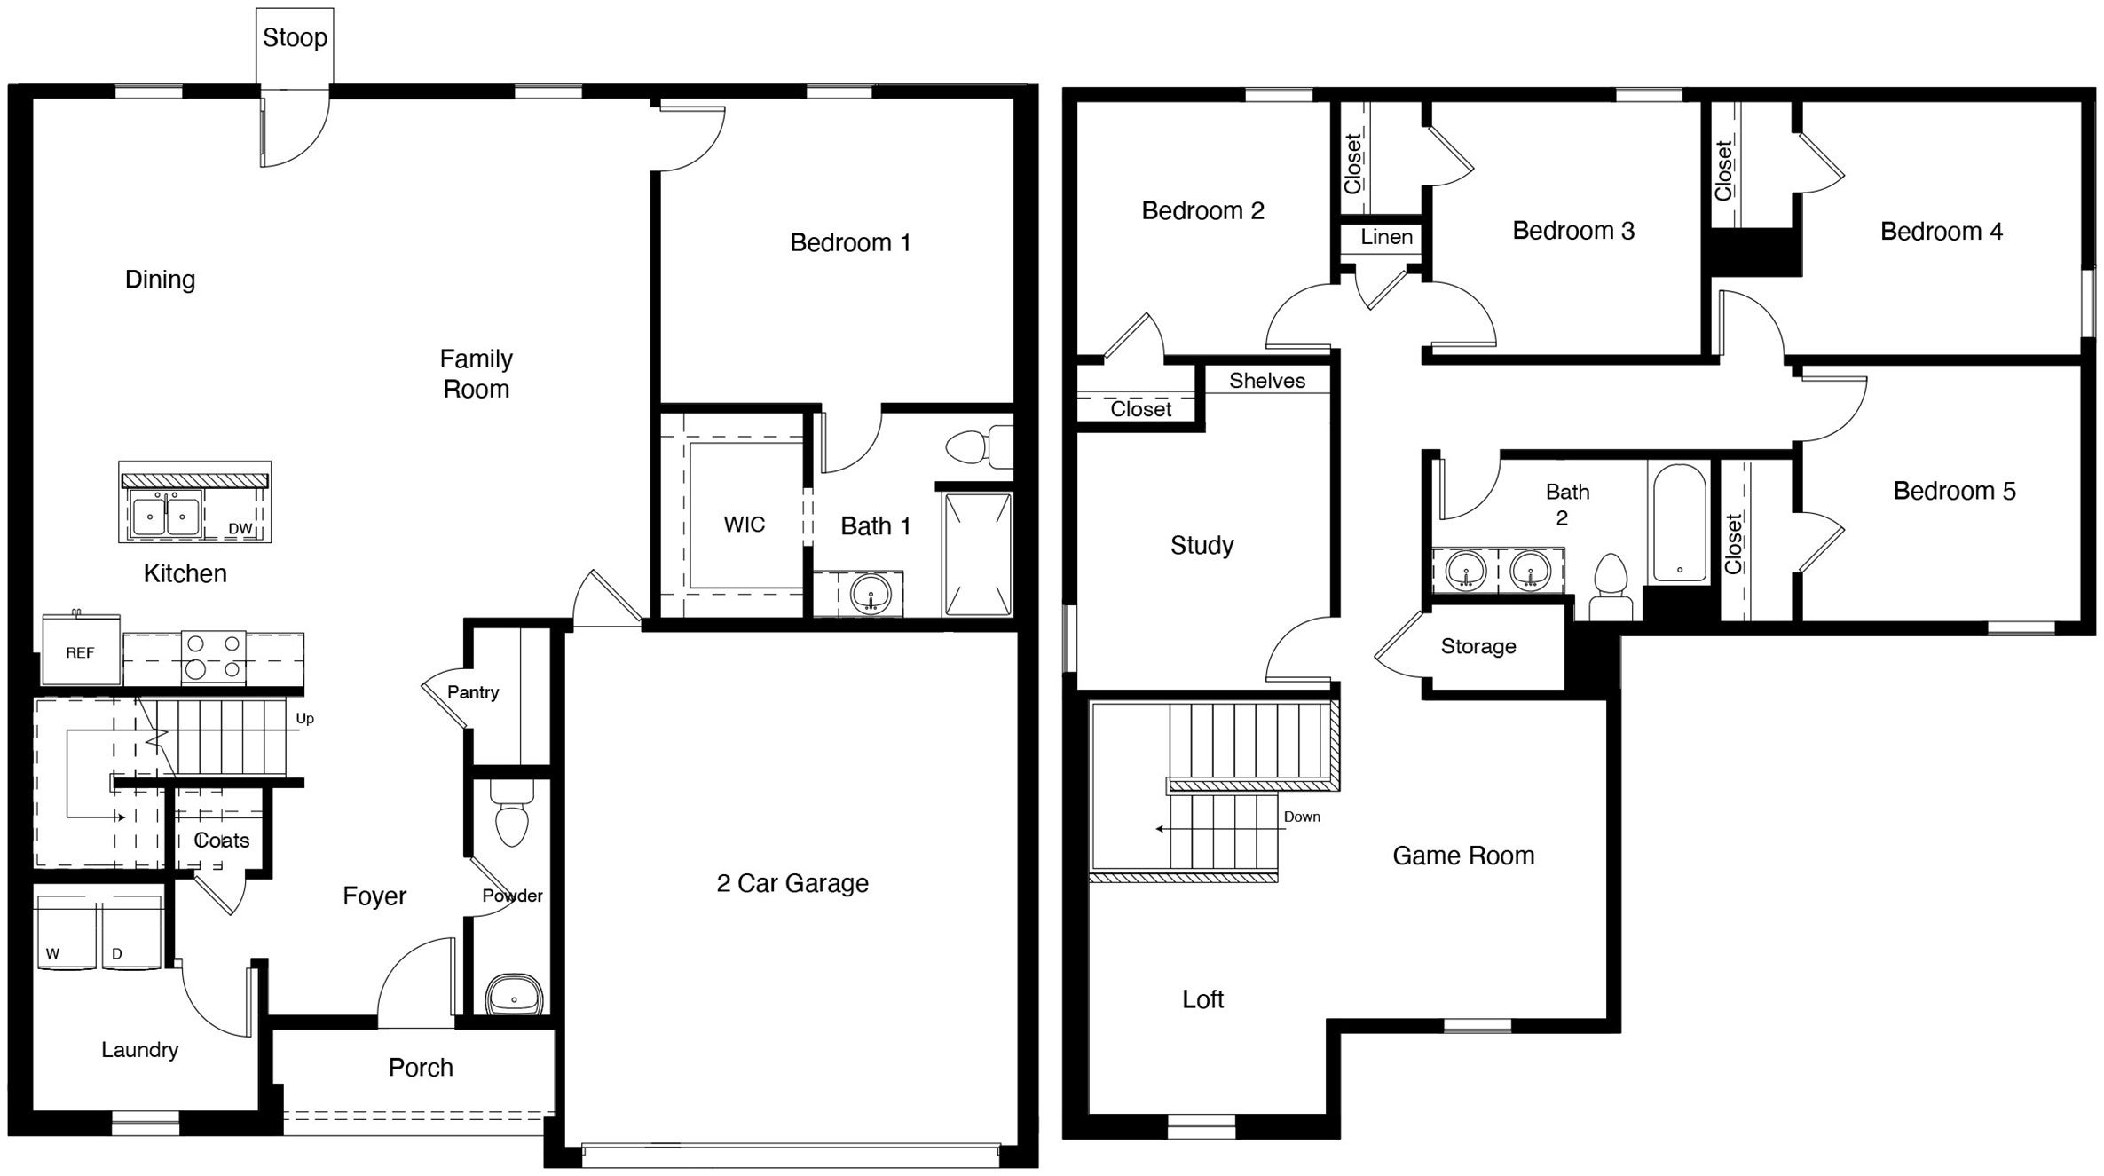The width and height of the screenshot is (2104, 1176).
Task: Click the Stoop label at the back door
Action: [x=295, y=38]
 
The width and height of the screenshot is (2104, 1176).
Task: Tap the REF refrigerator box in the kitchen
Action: [x=81, y=653]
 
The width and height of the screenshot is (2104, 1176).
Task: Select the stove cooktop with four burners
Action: [x=214, y=657]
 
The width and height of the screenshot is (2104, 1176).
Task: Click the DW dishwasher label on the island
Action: [x=240, y=529]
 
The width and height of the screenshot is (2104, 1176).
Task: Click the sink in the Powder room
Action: [x=514, y=995]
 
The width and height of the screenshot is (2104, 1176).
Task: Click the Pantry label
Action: [x=473, y=692]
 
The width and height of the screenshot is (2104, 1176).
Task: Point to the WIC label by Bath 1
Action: [x=744, y=525]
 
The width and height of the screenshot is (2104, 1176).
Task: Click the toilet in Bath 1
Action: [x=976, y=446]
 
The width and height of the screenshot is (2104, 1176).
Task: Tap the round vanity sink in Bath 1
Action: [x=871, y=595]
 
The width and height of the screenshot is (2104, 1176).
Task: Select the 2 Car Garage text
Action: [x=792, y=883]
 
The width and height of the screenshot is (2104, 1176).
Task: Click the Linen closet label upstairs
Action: [x=1386, y=237]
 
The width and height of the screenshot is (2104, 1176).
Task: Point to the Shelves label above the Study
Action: [x=1266, y=381]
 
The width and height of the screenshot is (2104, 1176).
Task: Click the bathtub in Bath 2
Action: [x=1679, y=523]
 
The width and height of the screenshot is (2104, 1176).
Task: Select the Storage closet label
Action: [x=1478, y=646]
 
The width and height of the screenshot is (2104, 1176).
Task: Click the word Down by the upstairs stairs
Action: [x=1302, y=817]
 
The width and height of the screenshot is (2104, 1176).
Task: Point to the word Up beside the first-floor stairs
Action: [x=304, y=718]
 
